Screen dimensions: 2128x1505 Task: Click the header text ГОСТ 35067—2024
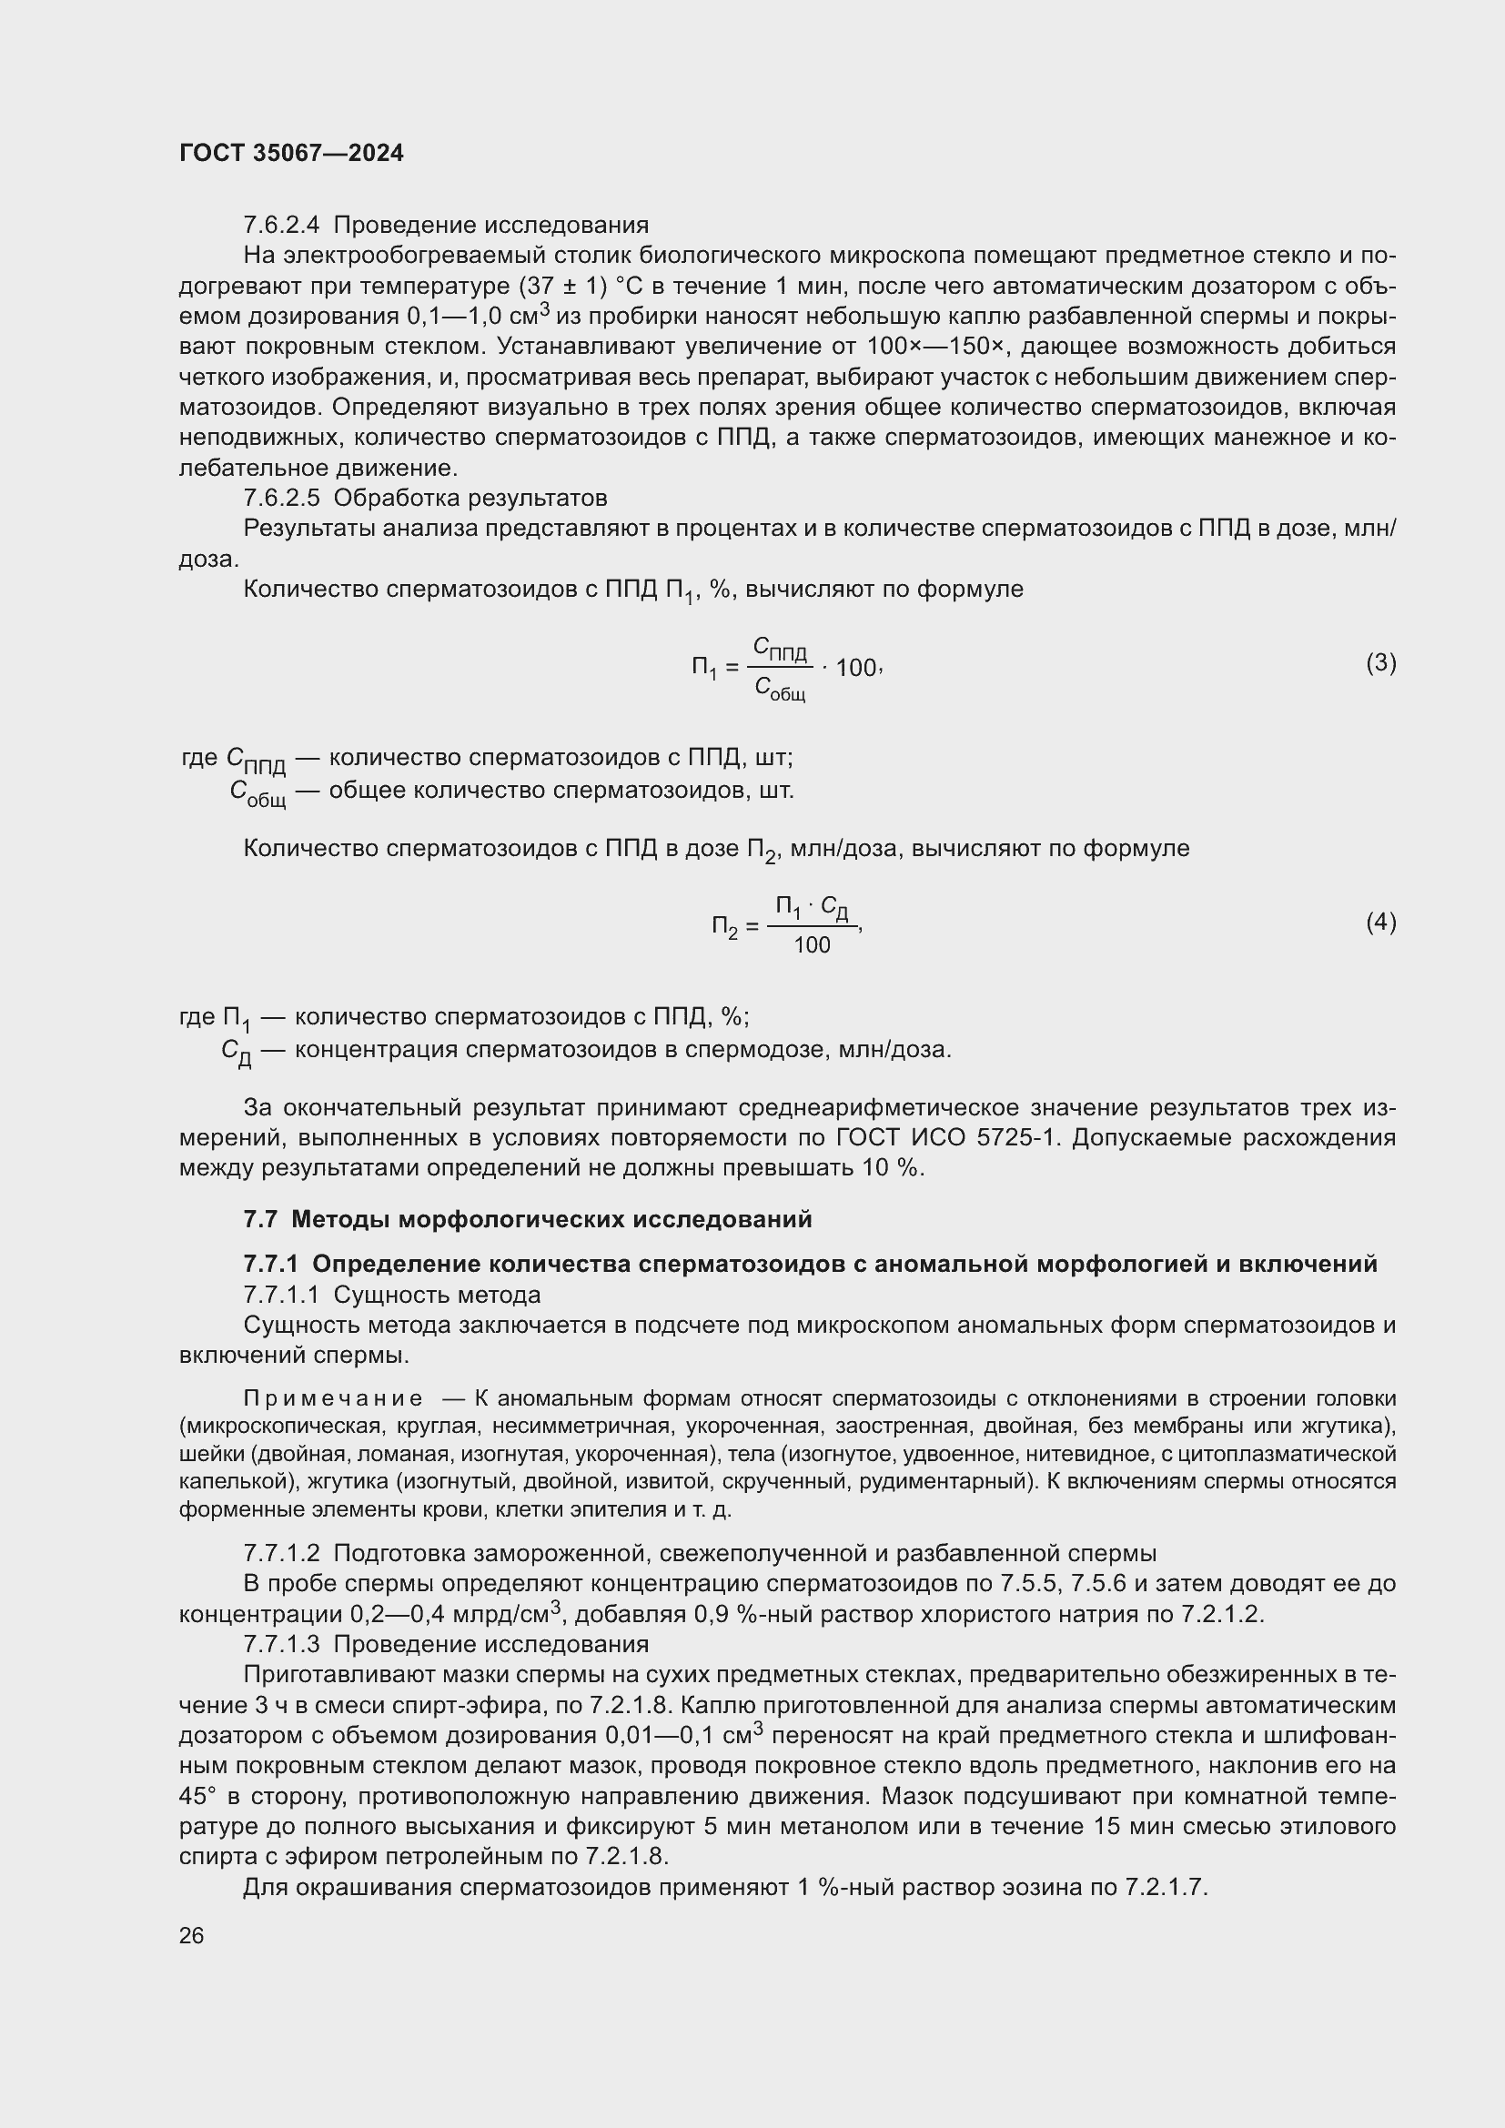coord(291,153)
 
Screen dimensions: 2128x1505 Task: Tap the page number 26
coord(192,1935)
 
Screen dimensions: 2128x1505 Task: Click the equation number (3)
coord(1381,662)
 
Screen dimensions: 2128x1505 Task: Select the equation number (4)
coord(1381,923)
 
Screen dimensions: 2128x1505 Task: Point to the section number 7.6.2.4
coord(282,226)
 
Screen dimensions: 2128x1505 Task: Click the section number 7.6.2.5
coord(282,498)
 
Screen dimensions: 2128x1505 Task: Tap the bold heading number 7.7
coord(260,1219)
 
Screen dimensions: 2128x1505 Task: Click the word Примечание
coord(333,1397)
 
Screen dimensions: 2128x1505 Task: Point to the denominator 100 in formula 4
coord(812,945)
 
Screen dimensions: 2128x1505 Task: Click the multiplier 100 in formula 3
coord(855,667)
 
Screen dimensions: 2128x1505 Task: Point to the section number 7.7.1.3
coord(282,1644)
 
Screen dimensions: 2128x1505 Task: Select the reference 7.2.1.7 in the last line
coord(1166,1887)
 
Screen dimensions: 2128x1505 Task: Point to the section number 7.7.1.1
coord(282,1294)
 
